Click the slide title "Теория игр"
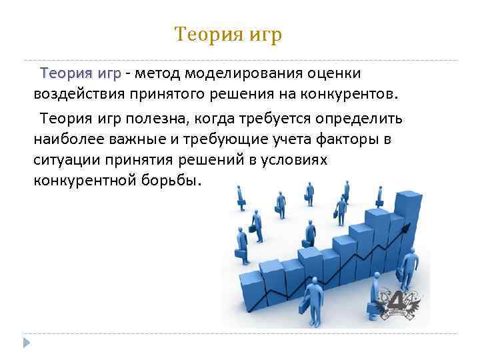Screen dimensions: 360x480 pos(228,34)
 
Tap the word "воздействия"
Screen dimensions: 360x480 pos(73,91)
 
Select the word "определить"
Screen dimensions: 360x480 pos(364,119)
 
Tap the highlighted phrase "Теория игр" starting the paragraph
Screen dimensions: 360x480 pos(81,72)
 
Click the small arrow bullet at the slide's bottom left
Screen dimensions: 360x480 pos(27,343)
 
